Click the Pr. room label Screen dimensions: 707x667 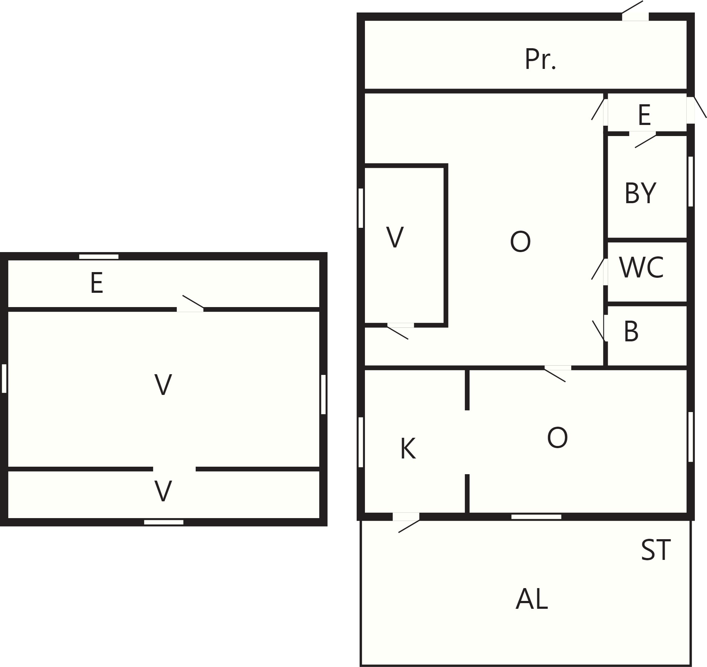(x=540, y=59)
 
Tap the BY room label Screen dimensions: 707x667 (x=641, y=193)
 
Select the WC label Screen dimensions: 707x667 (x=641, y=267)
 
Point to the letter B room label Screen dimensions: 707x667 (x=631, y=331)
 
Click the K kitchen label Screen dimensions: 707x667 (x=408, y=449)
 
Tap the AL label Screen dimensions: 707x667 (x=532, y=599)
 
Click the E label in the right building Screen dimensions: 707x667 (x=645, y=115)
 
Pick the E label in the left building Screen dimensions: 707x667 (x=97, y=283)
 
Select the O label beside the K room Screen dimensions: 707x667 (x=557, y=438)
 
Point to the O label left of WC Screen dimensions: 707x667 (x=520, y=241)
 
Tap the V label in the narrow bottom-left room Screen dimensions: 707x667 (x=163, y=491)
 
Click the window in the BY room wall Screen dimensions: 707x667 (x=691, y=181)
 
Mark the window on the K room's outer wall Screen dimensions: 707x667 (x=361, y=442)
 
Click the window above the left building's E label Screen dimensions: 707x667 (x=99, y=257)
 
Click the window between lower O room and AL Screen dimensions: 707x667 (x=536, y=517)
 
